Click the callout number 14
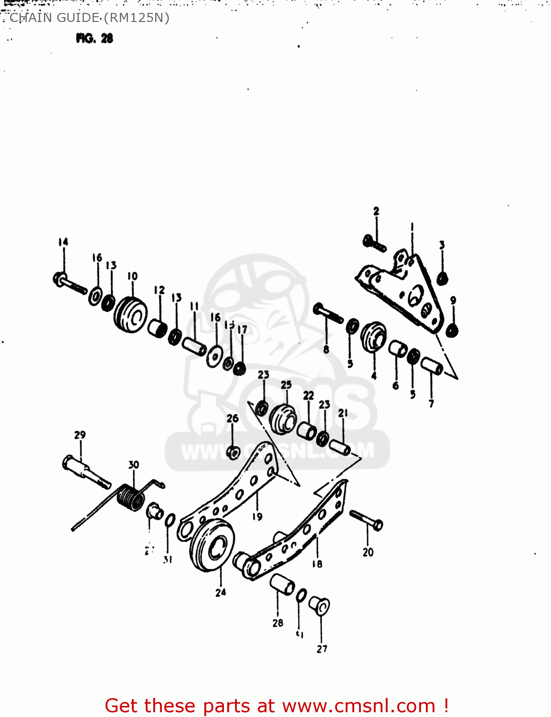click(x=64, y=242)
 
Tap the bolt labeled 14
click(x=70, y=283)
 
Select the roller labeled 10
click(x=130, y=315)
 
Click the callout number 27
click(x=322, y=649)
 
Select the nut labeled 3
click(x=442, y=278)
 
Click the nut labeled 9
click(x=452, y=330)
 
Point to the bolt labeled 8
click(x=328, y=314)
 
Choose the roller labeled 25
click(x=284, y=419)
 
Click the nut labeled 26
click(x=233, y=452)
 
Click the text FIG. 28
click(x=95, y=38)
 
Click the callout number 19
click(x=257, y=516)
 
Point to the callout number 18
click(x=317, y=564)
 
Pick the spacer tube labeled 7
click(x=432, y=366)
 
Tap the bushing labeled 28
click(x=282, y=584)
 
